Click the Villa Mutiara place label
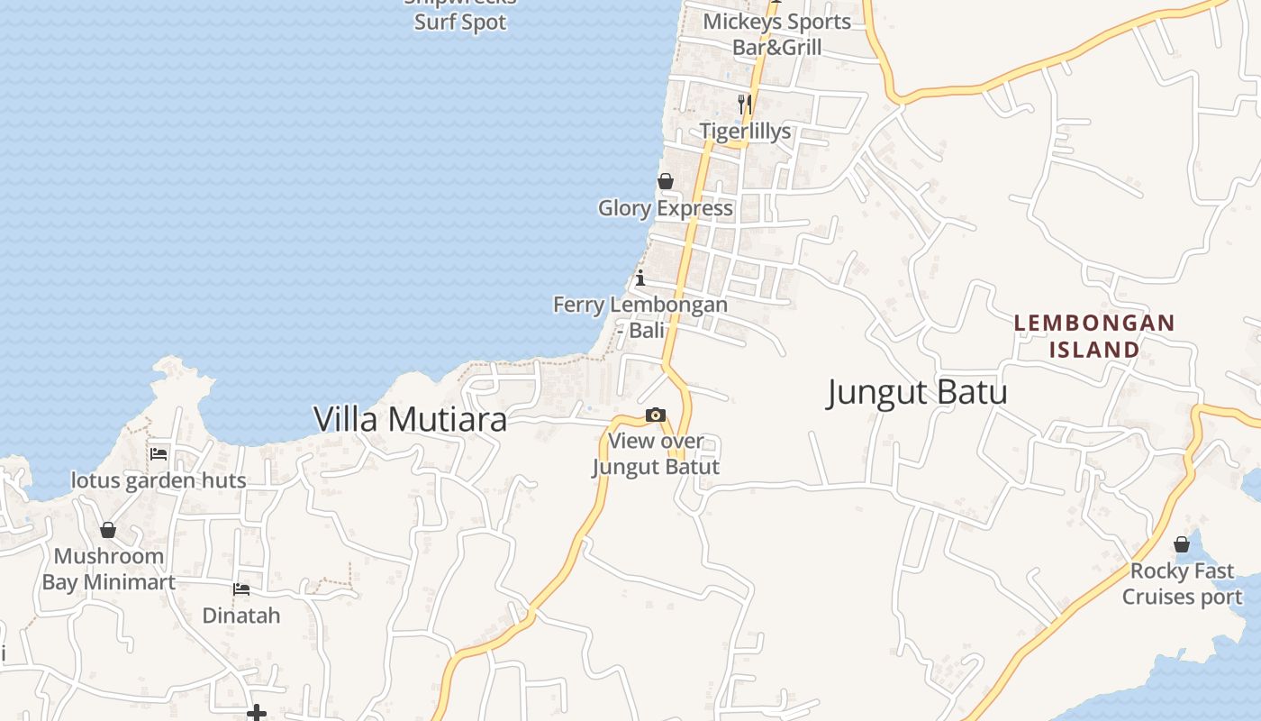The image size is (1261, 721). coord(410,419)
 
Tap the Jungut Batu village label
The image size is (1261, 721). coord(916,392)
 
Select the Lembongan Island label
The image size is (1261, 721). coord(1094,335)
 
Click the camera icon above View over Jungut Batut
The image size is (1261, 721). coord(656,415)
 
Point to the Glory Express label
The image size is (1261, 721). coord(665,208)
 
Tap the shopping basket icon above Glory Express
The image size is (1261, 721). coord(666,181)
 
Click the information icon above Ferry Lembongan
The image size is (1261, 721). coord(640,277)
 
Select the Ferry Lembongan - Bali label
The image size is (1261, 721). coord(640,316)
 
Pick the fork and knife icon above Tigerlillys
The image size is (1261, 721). coord(745,104)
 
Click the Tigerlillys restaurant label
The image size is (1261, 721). coord(745,131)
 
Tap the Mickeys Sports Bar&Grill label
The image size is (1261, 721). coord(776,34)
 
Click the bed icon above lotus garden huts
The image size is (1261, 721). coord(159,453)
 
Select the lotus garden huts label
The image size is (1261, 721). coord(159,480)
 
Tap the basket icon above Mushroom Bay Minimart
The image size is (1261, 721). coord(108,530)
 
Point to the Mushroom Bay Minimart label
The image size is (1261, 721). coord(108,569)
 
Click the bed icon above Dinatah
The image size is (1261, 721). coord(241,589)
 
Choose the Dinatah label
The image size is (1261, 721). coord(241,616)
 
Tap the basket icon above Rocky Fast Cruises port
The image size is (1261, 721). coord(1182,544)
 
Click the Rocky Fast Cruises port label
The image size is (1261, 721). coord(1182,583)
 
